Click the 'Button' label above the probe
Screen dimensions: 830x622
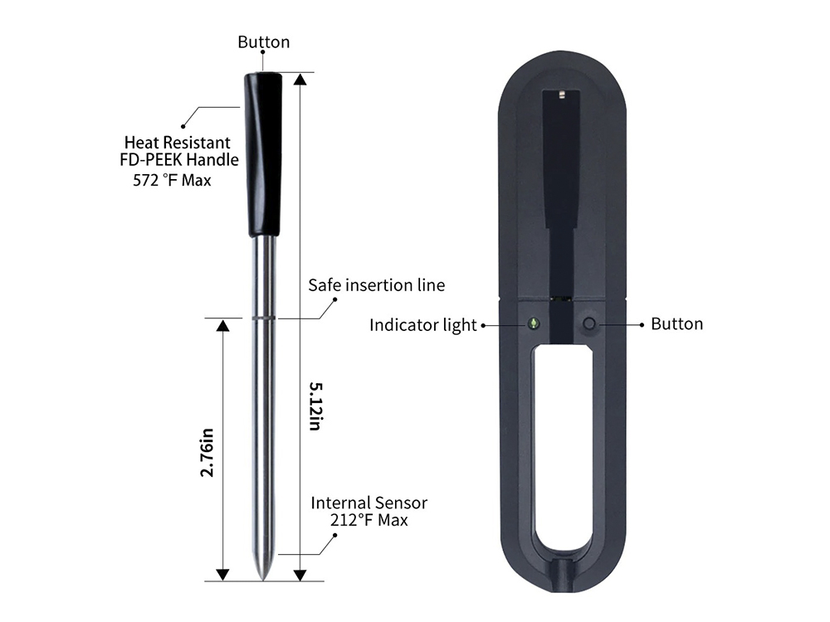click(x=264, y=41)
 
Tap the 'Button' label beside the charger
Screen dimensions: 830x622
click(x=677, y=323)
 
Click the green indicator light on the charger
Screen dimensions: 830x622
click(x=534, y=323)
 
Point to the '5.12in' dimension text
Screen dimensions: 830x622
click(x=315, y=406)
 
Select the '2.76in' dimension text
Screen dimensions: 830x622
click(x=207, y=453)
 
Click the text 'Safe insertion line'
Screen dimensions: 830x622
click(x=376, y=285)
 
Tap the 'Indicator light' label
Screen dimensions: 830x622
click(x=423, y=325)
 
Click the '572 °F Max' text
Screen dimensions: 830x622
click(x=172, y=180)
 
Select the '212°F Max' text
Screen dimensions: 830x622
click(x=369, y=520)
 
